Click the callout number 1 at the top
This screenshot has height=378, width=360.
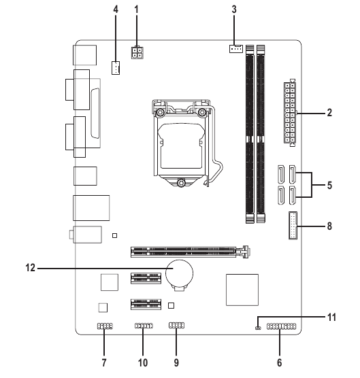[x=137, y=10]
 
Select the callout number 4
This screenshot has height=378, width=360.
[x=116, y=10]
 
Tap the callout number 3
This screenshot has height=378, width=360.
[x=233, y=10]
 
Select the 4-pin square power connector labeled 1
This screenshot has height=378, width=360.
[x=139, y=54]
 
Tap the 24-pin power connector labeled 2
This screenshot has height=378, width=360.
[x=289, y=114]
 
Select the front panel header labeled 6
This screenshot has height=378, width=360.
[x=281, y=328]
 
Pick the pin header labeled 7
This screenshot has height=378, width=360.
[x=104, y=327]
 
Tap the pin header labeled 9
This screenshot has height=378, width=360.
[x=176, y=326]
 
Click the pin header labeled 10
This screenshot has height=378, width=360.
[x=144, y=327]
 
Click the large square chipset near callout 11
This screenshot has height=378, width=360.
[x=242, y=290]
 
